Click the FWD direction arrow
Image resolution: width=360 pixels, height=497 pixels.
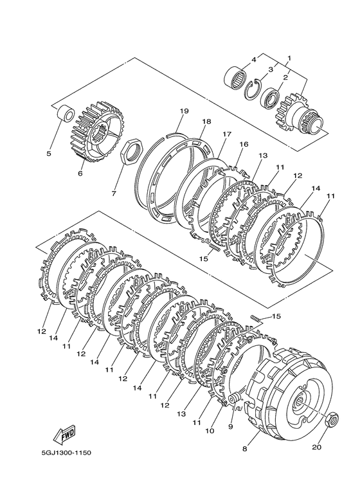[x=64, y=433]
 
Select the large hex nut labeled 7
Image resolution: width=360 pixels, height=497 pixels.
[x=132, y=150]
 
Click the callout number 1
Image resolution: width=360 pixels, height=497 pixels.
[x=289, y=59]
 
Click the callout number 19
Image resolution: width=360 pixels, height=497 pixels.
[x=184, y=111]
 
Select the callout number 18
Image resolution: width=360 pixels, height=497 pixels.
[x=206, y=122]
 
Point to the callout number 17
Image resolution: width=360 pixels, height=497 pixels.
[x=227, y=134]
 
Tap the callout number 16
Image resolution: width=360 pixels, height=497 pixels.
[x=244, y=145]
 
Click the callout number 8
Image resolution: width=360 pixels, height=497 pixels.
[x=244, y=449]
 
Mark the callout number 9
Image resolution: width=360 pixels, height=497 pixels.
[x=231, y=426]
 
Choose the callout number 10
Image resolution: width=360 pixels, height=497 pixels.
[x=210, y=431]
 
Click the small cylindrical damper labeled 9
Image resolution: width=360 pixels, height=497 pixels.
[x=234, y=398]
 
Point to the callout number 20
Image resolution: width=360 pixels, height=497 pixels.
[x=317, y=447]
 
